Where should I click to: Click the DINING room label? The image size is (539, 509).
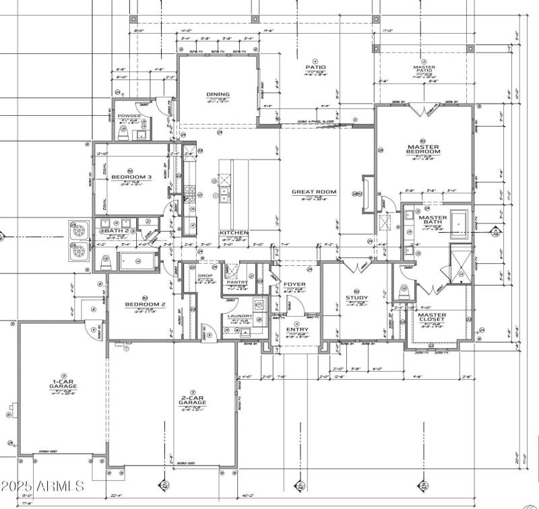(218, 94)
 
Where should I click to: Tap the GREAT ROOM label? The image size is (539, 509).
(313, 192)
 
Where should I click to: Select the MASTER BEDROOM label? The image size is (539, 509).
(423, 149)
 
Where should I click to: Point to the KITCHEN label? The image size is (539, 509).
(234, 233)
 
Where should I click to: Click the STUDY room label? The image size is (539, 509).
(357, 297)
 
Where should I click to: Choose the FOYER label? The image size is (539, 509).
(294, 284)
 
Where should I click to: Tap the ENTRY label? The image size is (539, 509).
(297, 329)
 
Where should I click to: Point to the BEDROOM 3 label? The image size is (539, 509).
(129, 177)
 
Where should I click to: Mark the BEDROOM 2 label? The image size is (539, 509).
(145, 304)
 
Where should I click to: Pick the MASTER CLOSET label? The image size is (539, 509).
(431, 317)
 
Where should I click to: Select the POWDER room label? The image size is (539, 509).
(129, 116)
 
